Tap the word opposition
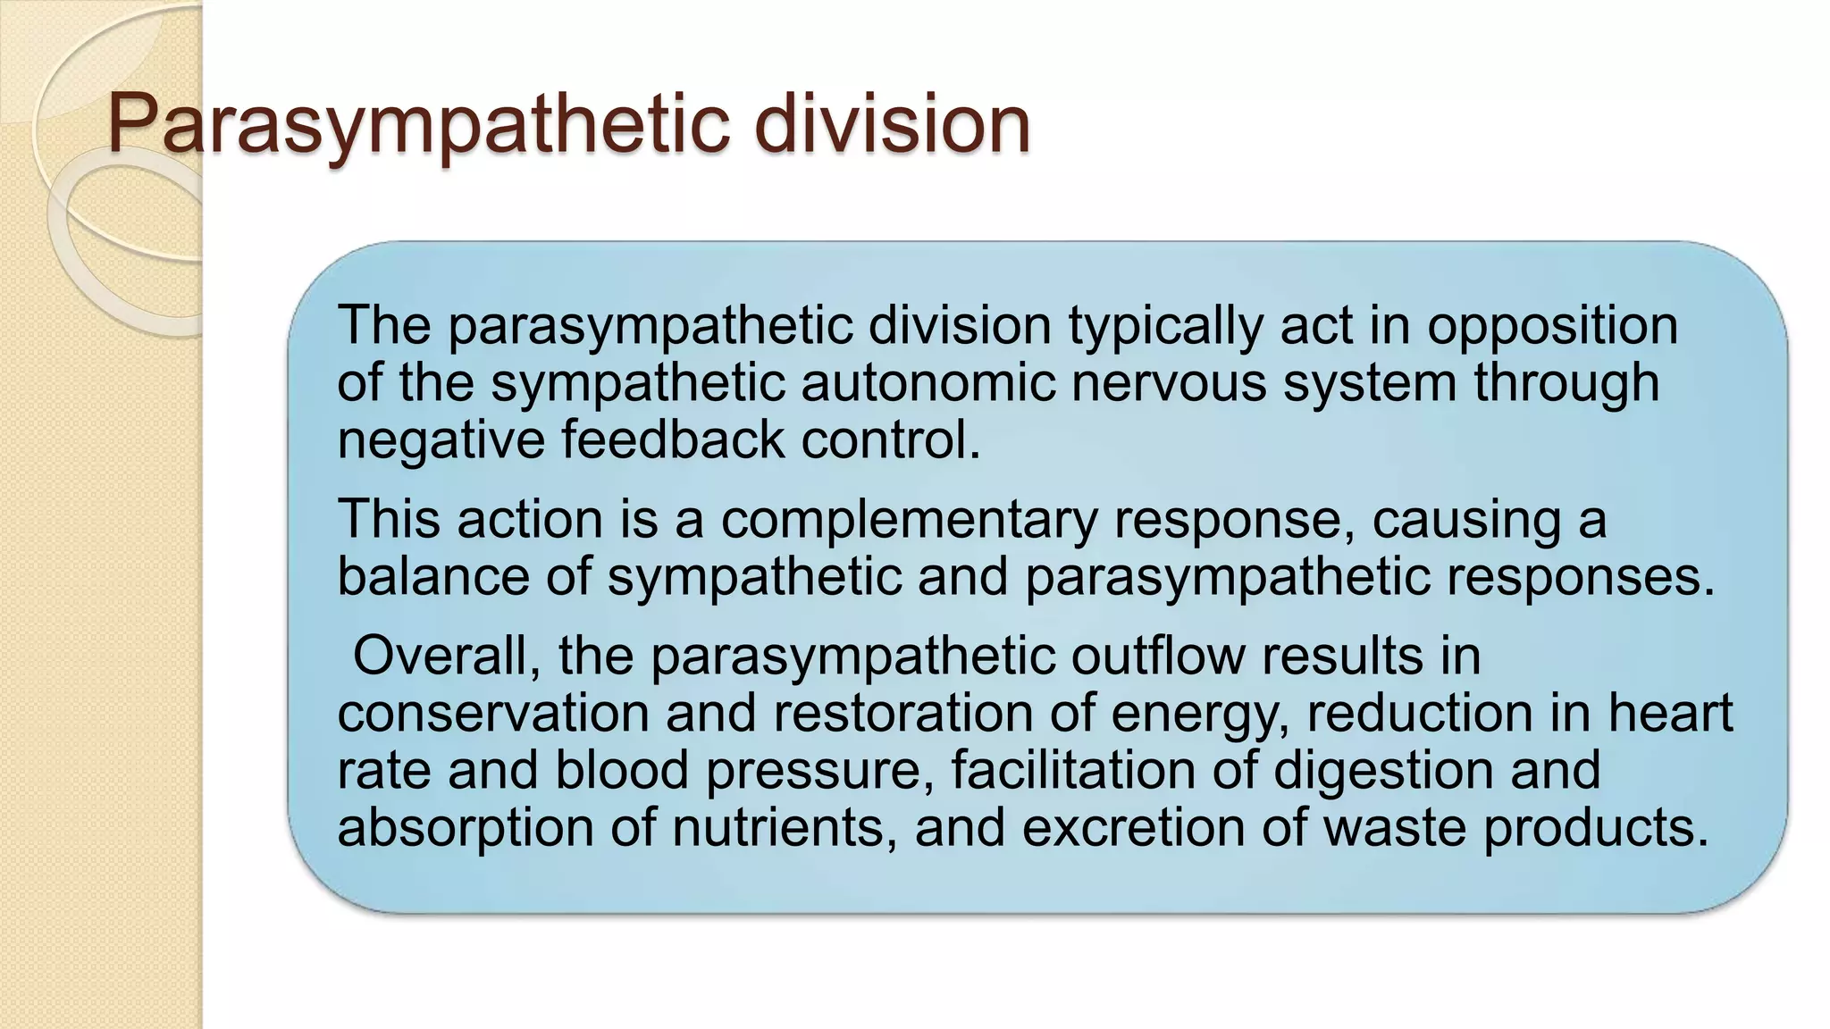(x=1552, y=327)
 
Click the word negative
(x=440, y=440)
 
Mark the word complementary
(x=909, y=521)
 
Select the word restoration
(x=902, y=713)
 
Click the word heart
(x=1671, y=713)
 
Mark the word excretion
(x=1132, y=827)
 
